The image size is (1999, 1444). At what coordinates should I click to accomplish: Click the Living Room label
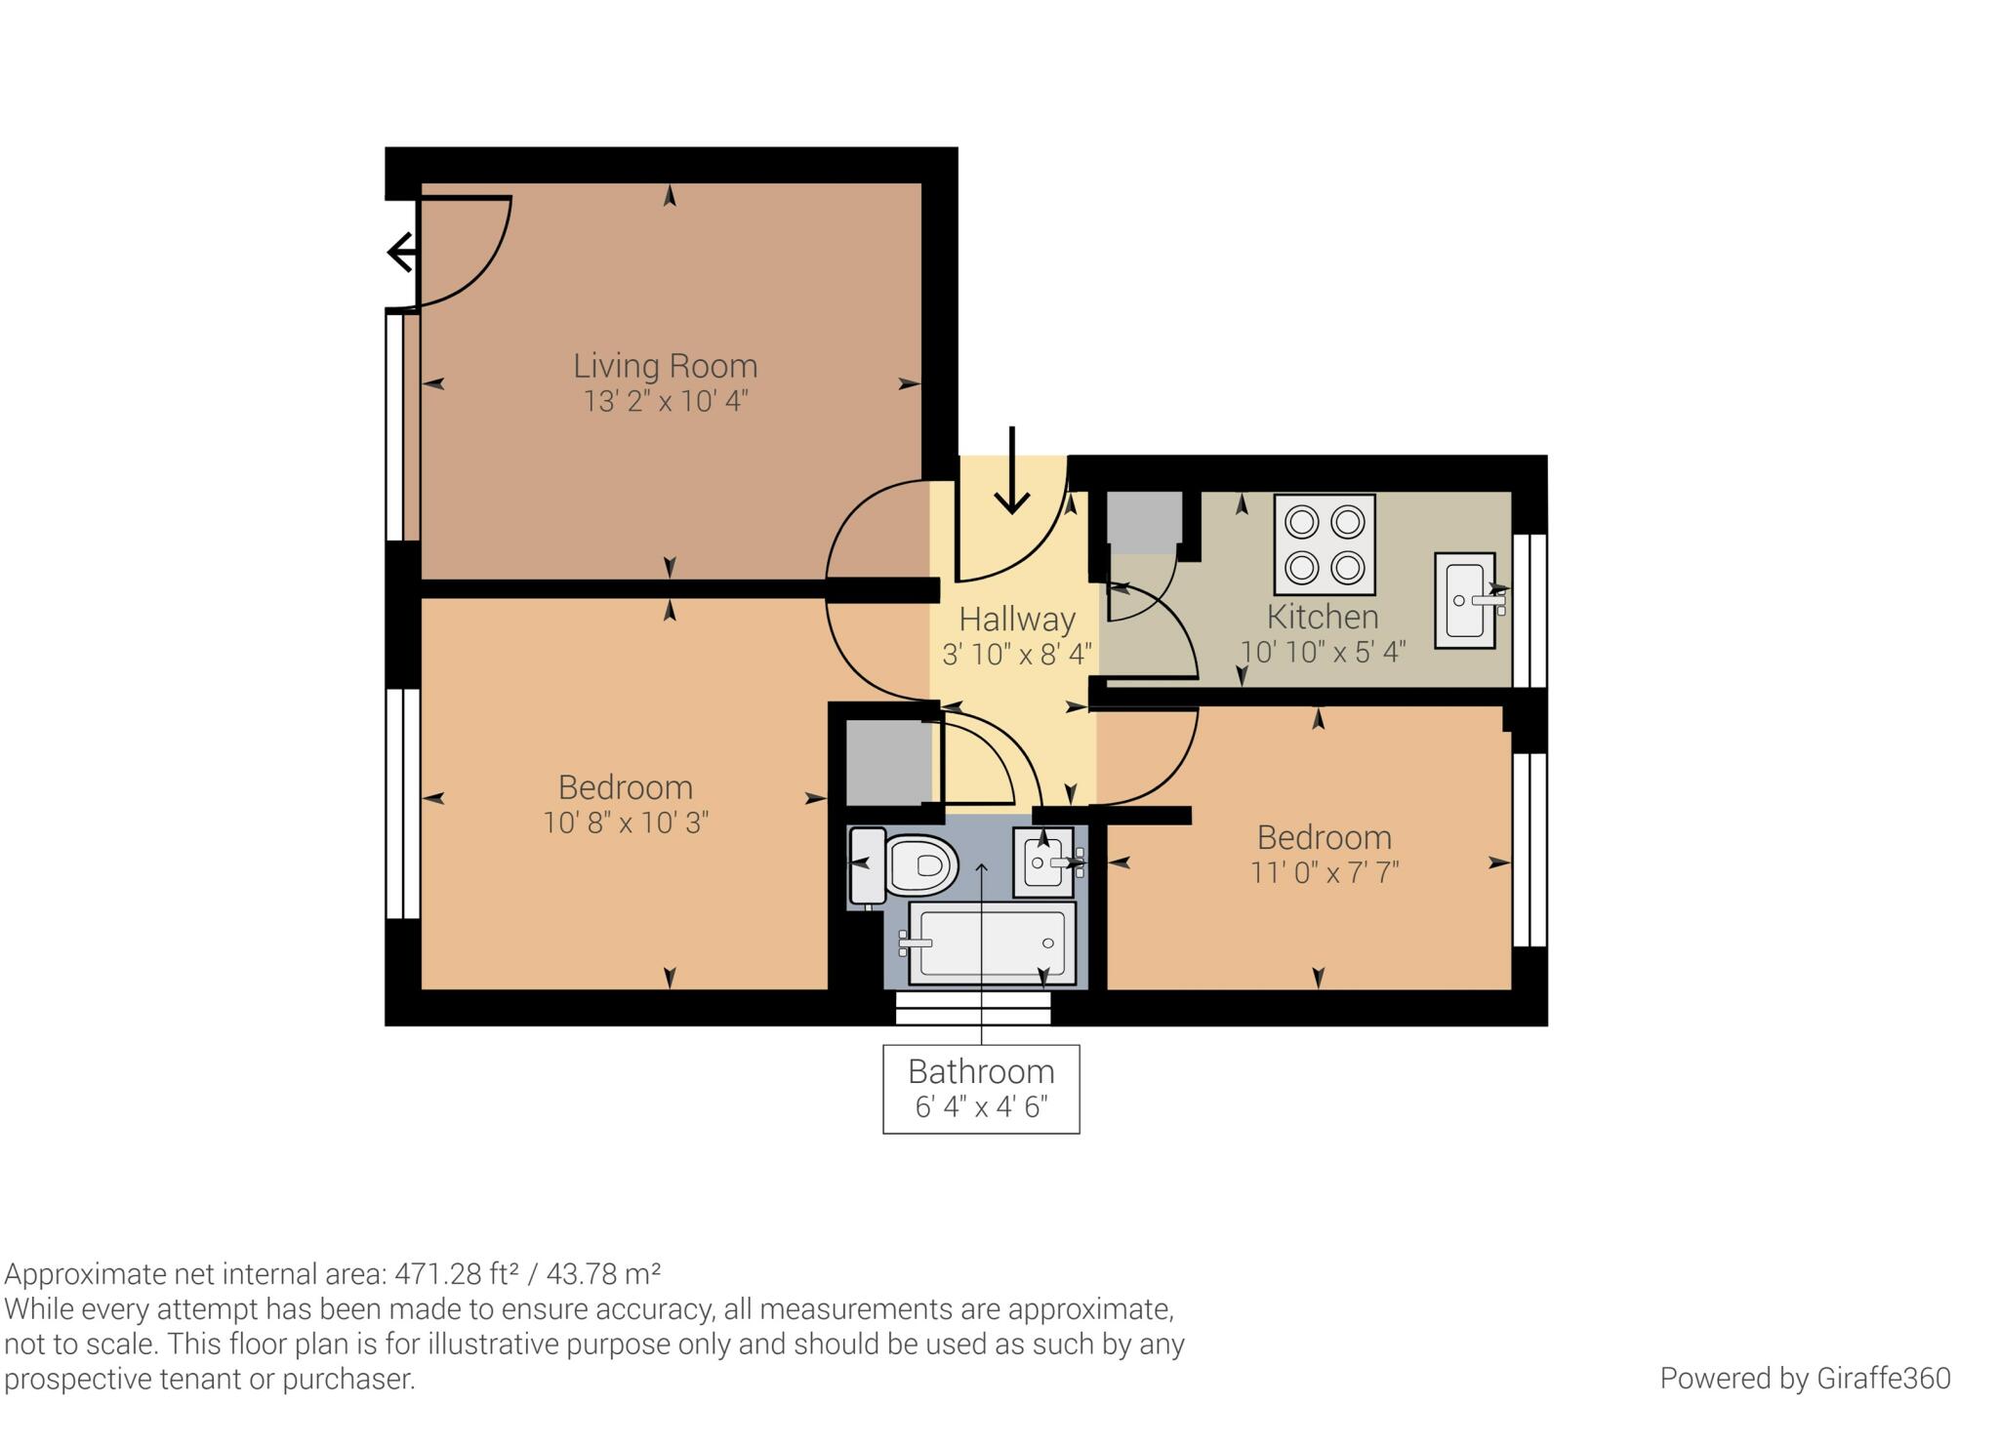665,366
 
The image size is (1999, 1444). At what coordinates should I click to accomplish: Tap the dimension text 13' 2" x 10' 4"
666,401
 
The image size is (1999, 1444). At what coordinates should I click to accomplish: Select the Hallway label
1017,620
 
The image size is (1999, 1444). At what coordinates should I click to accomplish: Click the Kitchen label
1323,617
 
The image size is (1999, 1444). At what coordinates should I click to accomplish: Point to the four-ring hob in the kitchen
1325,544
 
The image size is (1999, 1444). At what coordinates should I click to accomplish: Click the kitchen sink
1465,600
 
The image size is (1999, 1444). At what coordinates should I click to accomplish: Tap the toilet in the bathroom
903,864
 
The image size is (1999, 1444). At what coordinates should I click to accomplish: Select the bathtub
992,943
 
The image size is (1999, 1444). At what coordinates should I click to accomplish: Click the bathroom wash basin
1043,862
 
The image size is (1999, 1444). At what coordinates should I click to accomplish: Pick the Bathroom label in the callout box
981,1071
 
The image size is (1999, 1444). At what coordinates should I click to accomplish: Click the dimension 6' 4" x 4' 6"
981,1107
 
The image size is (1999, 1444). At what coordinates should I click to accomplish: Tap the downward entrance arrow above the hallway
1012,470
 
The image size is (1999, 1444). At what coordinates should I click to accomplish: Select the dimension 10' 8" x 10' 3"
626,822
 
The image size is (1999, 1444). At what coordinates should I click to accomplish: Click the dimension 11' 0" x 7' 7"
1325,872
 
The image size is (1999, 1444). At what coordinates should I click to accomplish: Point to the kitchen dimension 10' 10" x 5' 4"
1323,652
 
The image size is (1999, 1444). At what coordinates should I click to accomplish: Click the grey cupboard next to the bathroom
887,762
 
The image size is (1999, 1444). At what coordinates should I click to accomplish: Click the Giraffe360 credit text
1805,1379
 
